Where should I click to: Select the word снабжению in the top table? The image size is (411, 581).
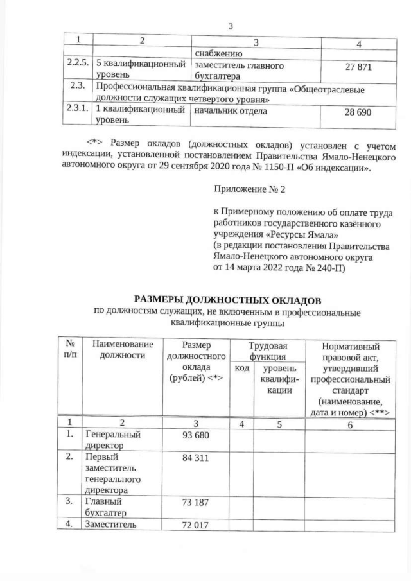pos(214,54)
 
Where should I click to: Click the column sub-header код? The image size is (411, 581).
pos(241,368)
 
